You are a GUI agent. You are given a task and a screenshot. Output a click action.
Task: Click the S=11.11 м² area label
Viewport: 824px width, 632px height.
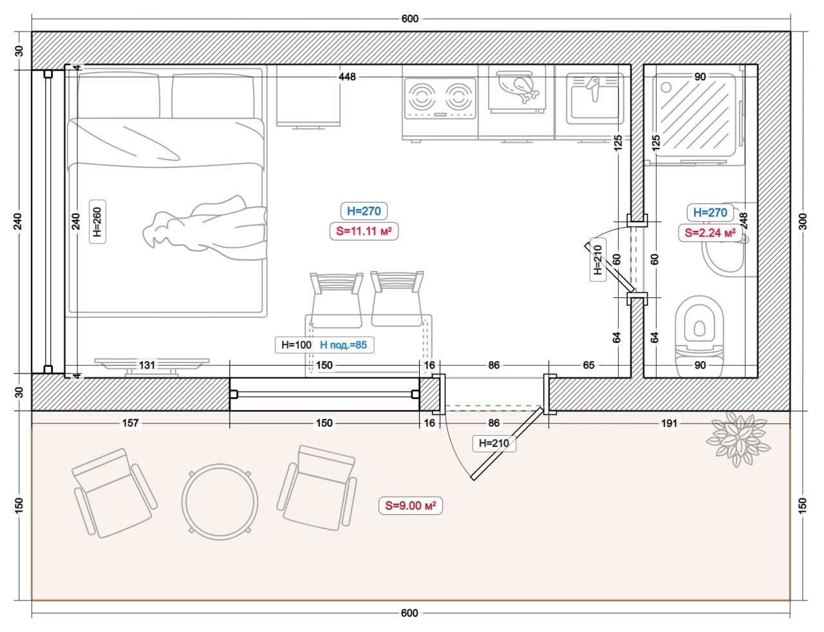pos(364,231)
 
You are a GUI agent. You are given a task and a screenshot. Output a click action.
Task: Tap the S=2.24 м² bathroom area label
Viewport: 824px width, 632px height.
pos(710,232)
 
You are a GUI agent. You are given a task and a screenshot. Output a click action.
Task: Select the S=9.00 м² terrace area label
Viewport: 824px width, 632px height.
pos(410,505)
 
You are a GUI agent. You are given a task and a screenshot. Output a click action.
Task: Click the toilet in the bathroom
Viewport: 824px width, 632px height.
pos(699,335)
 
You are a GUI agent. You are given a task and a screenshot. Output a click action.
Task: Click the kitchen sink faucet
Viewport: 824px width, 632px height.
pos(594,88)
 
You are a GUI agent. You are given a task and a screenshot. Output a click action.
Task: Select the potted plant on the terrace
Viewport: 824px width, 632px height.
pos(738,439)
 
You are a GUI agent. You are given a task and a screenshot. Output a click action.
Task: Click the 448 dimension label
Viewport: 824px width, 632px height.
pos(347,77)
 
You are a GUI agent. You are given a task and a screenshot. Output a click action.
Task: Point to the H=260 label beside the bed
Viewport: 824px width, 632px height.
pos(97,221)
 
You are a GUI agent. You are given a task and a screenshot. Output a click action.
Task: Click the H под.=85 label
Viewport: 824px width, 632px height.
pos(344,344)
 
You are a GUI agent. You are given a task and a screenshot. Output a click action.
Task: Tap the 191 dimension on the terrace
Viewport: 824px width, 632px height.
pos(669,423)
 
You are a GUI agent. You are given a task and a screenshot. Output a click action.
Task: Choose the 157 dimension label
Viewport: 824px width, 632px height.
pos(130,423)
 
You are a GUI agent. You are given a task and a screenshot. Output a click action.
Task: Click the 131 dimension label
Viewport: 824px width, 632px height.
pos(147,365)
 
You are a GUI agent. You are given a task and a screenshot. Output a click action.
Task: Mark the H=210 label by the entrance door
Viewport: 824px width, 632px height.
pos(494,443)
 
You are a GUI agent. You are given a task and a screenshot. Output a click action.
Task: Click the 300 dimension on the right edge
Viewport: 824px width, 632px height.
pos(803,221)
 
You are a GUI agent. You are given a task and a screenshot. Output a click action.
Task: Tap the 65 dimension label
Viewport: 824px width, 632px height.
pos(588,365)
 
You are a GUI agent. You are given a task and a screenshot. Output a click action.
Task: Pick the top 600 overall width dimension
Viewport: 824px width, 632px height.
pos(410,19)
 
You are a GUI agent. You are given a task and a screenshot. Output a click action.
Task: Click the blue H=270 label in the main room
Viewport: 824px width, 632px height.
pos(364,211)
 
